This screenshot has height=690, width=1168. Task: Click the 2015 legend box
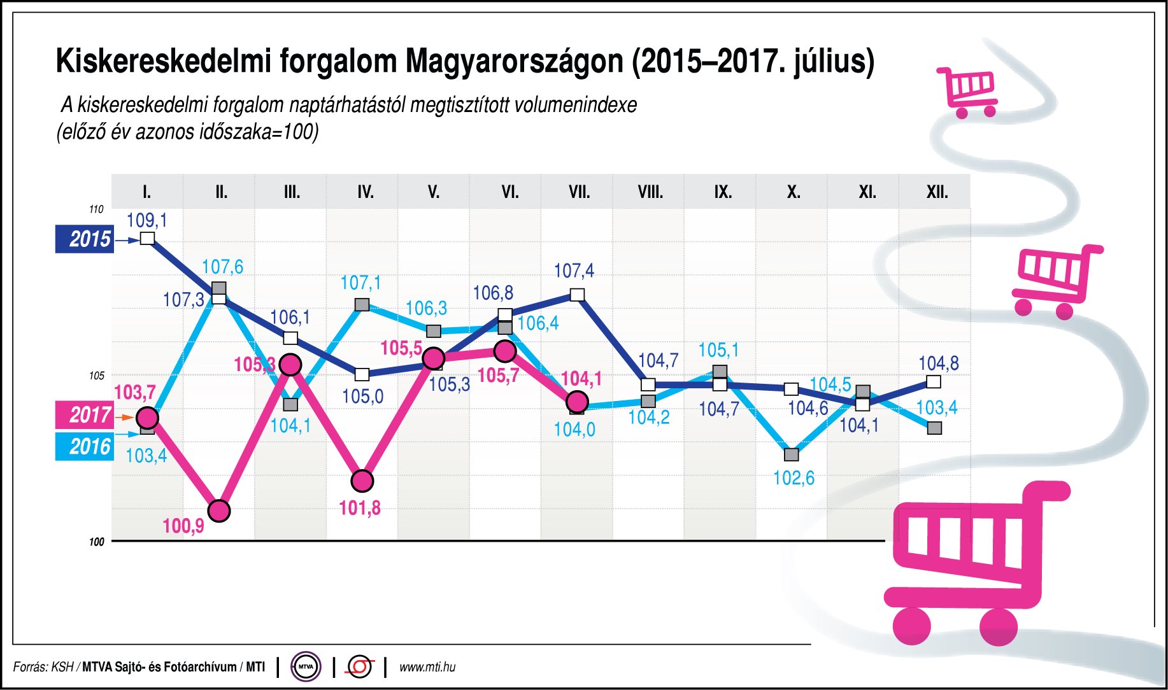point(84,239)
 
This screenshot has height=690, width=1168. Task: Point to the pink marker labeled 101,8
point(362,481)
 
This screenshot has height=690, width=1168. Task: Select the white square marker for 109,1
point(147,239)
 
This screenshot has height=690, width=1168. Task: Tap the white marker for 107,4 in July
point(577,295)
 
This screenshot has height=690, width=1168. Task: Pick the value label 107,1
point(360,283)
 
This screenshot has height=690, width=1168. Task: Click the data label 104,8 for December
point(938,363)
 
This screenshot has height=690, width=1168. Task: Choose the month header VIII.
point(650,192)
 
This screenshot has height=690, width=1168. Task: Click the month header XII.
point(937,192)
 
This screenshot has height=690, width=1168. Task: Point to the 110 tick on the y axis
point(96,209)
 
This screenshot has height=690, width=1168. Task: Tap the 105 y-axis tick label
point(96,376)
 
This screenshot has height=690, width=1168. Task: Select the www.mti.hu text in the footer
point(427,667)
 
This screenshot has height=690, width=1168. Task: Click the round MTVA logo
point(306,667)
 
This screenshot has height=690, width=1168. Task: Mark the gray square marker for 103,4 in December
point(934,428)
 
